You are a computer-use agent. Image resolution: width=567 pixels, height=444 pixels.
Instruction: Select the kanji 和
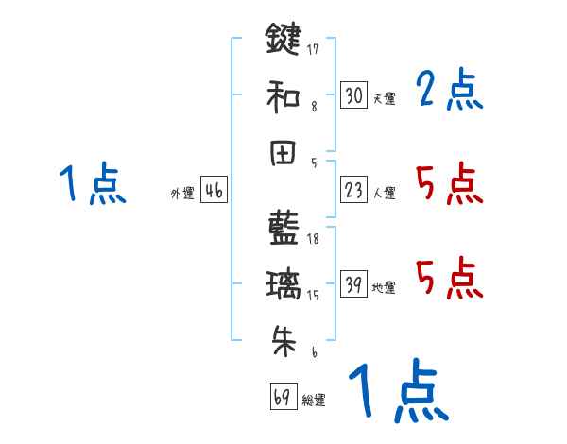pyautogui.click(x=283, y=95)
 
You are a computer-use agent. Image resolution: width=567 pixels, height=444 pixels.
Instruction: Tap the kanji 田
pyautogui.click(x=283, y=151)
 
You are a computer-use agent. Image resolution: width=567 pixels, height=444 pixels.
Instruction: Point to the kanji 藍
pyautogui.click(x=283, y=230)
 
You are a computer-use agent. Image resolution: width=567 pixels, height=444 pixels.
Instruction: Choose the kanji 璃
pyautogui.click(x=283, y=285)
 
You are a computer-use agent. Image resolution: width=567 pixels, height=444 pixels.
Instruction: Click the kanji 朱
pyautogui.click(x=283, y=341)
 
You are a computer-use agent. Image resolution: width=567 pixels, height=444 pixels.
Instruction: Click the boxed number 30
pyautogui.click(x=353, y=95)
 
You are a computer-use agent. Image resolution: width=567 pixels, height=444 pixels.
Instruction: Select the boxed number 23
pyautogui.click(x=353, y=191)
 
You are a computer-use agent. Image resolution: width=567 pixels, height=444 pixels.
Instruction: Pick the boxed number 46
pyautogui.click(x=214, y=191)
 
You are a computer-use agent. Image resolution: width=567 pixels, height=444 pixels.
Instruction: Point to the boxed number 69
pyautogui.click(x=282, y=398)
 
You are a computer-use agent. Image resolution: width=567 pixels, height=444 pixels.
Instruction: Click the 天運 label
pyautogui.click(x=384, y=98)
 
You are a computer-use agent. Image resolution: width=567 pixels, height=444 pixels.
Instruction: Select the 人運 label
pyautogui.click(x=384, y=194)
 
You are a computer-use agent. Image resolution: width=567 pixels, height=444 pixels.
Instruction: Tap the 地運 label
pyautogui.click(x=384, y=288)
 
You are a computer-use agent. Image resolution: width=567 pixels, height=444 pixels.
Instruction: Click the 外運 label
pyautogui.click(x=182, y=194)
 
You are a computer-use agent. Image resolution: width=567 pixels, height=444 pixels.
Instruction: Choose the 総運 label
pyautogui.click(x=314, y=401)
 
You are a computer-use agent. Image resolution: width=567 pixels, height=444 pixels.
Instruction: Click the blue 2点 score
pyautogui.click(x=450, y=91)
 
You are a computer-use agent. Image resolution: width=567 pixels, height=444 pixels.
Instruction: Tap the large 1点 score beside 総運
pyautogui.click(x=398, y=392)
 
